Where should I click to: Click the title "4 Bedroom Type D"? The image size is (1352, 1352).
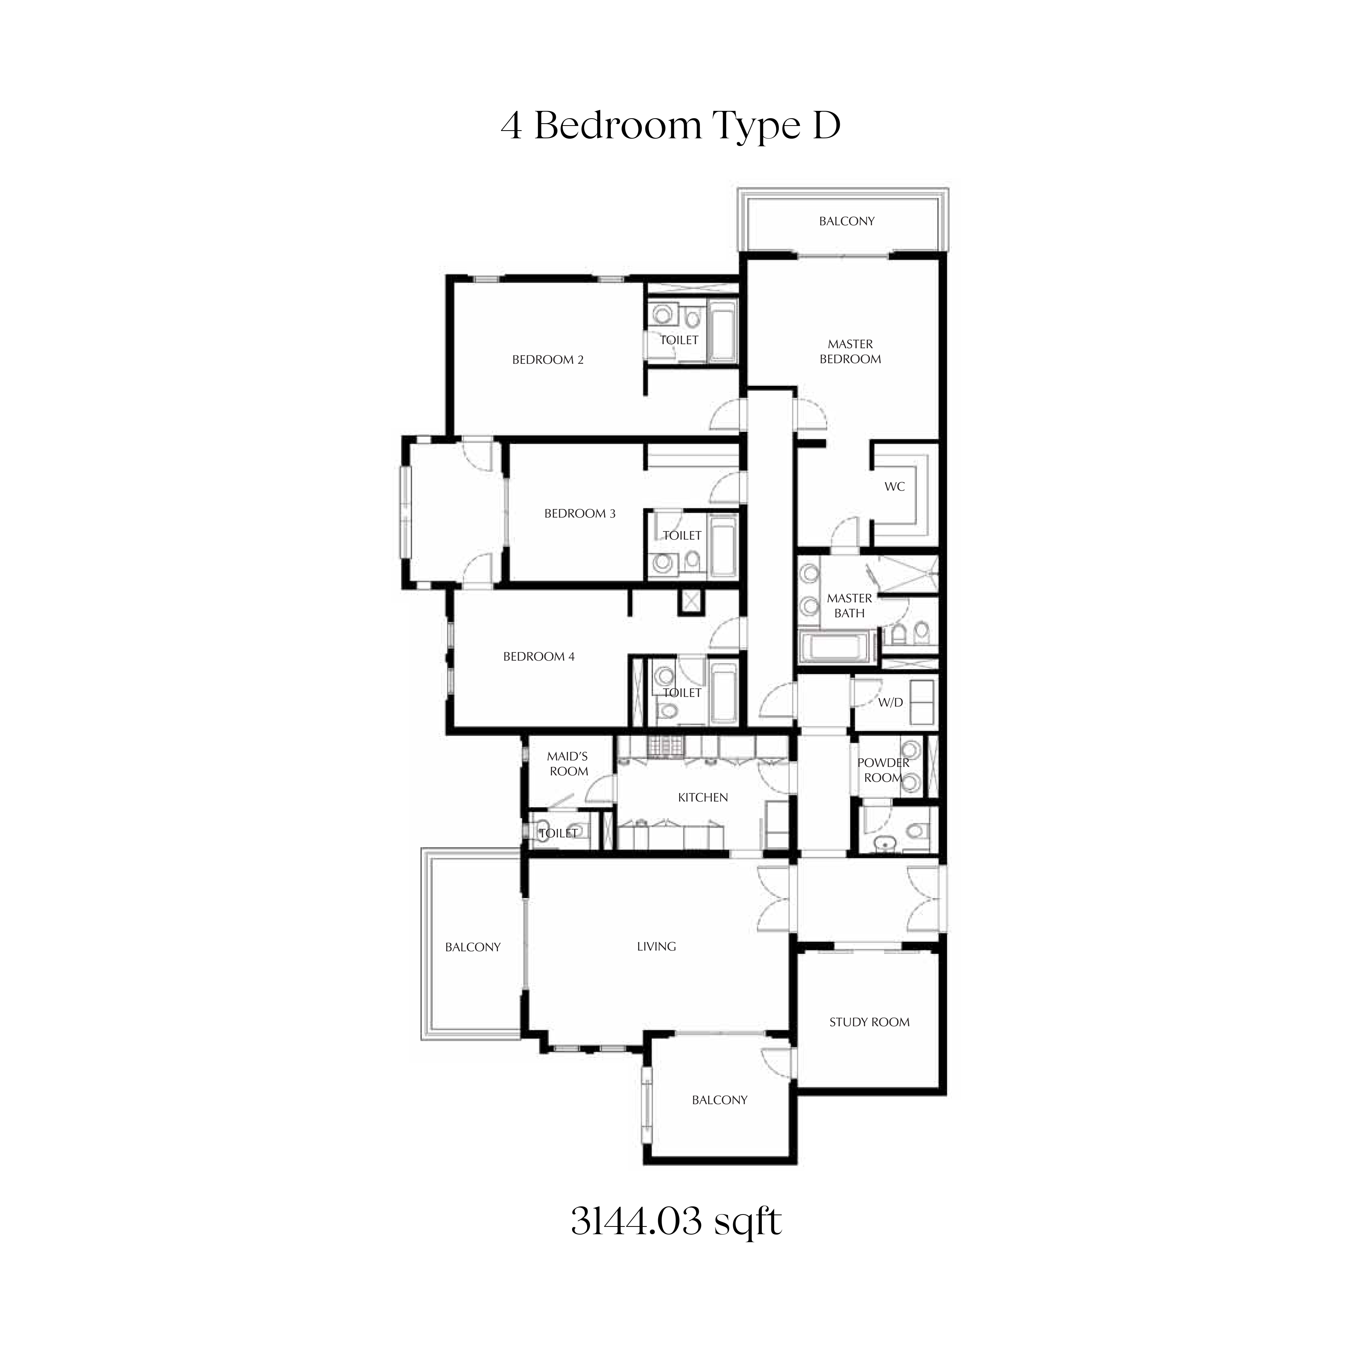click(671, 126)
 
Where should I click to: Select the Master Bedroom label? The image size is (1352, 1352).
click(850, 351)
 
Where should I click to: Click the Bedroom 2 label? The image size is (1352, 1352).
click(548, 360)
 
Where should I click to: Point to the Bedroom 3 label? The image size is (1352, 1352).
click(580, 514)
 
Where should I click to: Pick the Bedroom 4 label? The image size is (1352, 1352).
click(539, 656)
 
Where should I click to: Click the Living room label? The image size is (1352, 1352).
click(656, 946)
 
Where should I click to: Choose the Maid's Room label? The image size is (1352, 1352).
click(568, 763)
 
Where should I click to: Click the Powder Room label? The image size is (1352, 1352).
click(883, 770)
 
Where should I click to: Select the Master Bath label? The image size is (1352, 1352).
click(849, 605)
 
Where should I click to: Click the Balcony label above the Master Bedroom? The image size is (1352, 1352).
click(847, 221)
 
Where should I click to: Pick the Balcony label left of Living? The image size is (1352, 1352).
click(473, 947)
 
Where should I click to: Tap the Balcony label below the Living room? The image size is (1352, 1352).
click(719, 1099)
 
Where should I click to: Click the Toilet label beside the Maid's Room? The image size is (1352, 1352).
click(559, 833)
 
